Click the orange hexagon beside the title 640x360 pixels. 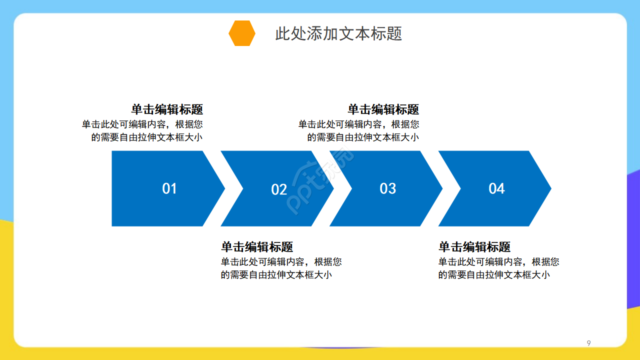tap(242, 33)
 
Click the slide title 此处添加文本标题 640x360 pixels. tap(338, 33)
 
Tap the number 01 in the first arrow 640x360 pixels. tap(169, 188)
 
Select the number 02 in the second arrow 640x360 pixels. tap(279, 189)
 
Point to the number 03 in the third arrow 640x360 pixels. tap(387, 188)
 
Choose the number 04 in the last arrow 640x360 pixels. tap(496, 188)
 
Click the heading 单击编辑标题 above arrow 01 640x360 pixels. tap(167, 109)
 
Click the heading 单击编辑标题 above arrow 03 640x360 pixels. tap(383, 109)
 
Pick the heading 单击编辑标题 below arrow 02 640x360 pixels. tap(257, 247)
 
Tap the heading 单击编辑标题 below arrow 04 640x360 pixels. tap(474, 247)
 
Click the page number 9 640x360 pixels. tap(588, 343)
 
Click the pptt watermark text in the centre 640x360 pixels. tap(320, 182)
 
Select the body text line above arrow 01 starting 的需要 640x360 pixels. tap(147, 137)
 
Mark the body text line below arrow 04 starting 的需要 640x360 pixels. tap(494, 275)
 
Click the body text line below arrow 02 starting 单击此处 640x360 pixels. tap(281, 261)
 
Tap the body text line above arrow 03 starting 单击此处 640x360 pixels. tap(358, 124)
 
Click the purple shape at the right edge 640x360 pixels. tap(633, 240)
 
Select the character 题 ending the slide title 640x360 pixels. tap(394, 33)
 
